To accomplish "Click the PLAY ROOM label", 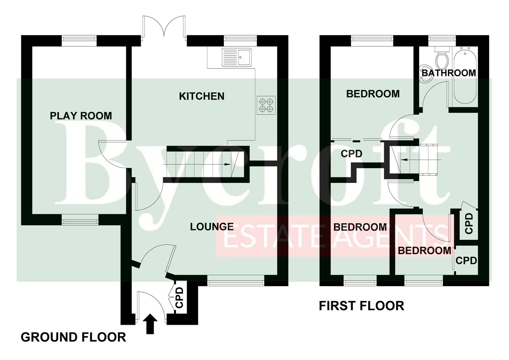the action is (x=81, y=116).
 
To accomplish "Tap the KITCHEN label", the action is (x=201, y=96).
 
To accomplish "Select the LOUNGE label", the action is (x=212, y=227).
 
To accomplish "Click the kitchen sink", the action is (x=237, y=57).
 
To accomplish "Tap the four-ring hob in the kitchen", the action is (x=266, y=105).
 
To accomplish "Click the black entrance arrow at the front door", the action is (x=150, y=323).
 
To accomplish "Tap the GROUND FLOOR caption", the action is (x=73, y=337).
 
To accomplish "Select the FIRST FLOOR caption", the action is (x=361, y=306).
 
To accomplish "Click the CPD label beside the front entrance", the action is (x=179, y=298).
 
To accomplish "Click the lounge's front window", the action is (x=236, y=280).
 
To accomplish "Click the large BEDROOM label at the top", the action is (x=373, y=94).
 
